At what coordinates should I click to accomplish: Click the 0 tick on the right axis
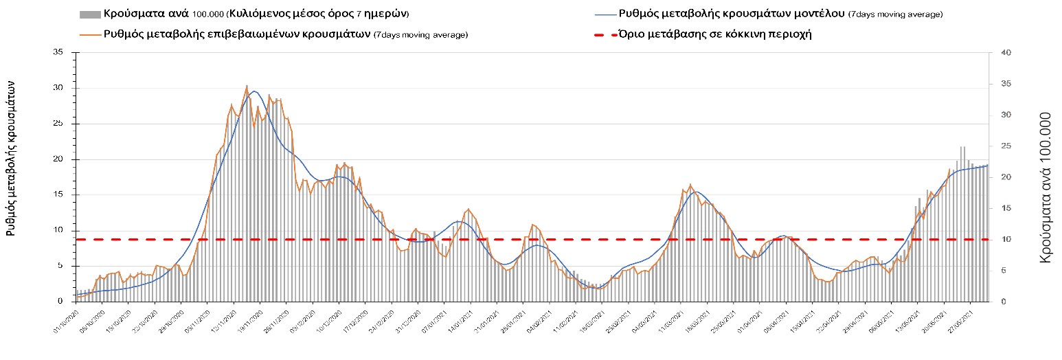point(995,302)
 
